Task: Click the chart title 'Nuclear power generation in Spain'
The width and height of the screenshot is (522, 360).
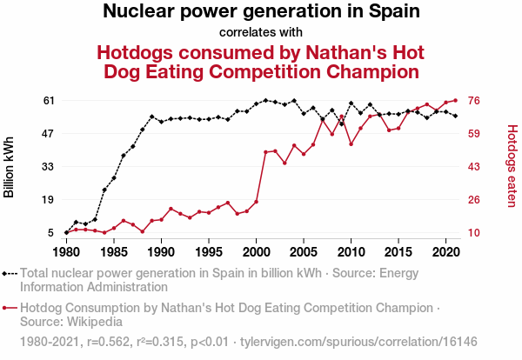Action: [261, 12]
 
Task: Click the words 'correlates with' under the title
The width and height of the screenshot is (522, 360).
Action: [261, 33]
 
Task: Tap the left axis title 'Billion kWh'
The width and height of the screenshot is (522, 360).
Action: [10, 166]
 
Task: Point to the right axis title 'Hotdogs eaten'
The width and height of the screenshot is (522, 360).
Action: [512, 166]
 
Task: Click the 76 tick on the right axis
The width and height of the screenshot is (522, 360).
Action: [475, 101]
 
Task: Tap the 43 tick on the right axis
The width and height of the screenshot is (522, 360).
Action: [475, 167]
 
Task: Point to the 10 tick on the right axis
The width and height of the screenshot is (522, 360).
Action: [475, 233]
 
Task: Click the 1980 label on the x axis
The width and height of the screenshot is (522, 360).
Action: [66, 252]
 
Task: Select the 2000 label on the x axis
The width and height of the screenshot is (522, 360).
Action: [256, 252]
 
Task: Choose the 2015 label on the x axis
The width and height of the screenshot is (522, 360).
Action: [398, 252]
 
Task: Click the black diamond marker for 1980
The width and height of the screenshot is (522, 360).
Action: [66, 233]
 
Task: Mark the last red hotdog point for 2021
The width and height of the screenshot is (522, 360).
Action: [455, 100]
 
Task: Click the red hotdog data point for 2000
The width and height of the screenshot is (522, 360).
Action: [256, 202]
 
